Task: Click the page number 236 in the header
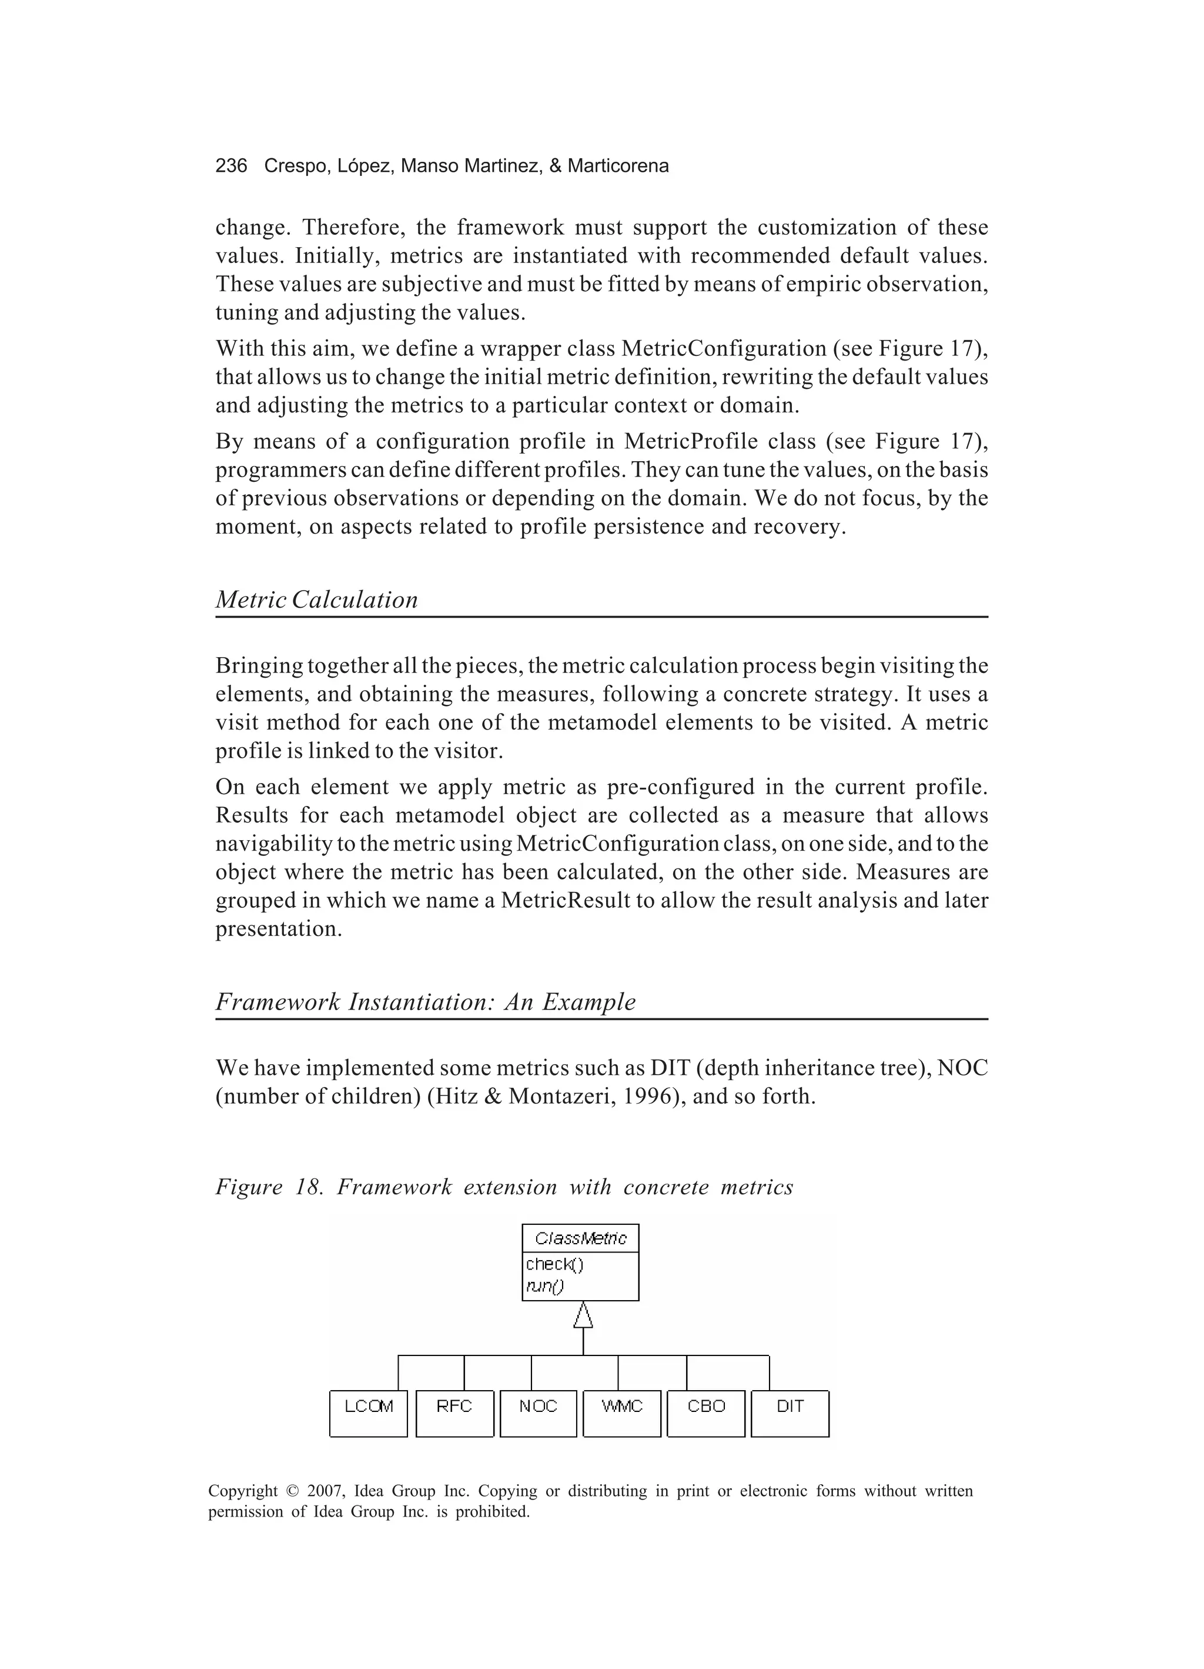[231, 166]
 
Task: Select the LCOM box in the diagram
[369, 1414]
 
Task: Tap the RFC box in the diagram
[454, 1414]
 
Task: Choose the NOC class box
[538, 1414]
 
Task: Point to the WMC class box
[621, 1414]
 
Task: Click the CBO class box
[706, 1414]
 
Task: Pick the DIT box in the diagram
[790, 1414]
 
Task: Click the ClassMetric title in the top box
[580, 1238]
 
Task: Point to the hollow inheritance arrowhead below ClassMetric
[583, 1314]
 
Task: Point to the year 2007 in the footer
[325, 1492]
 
